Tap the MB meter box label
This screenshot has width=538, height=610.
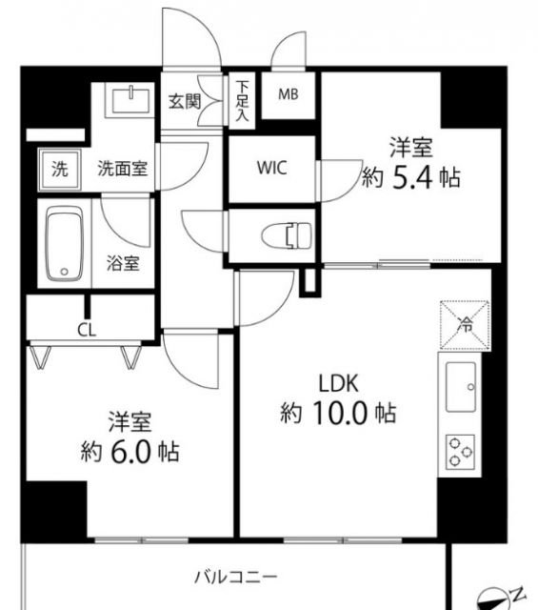(287, 94)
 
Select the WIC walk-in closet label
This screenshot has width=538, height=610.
(271, 168)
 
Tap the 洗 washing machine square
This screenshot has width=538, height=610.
(59, 171)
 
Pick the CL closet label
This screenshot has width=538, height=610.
(87, 331)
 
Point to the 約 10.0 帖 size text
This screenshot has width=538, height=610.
(337, 415)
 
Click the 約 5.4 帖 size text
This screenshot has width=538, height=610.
(410, 177)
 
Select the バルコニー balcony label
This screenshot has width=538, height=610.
(235, 577)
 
